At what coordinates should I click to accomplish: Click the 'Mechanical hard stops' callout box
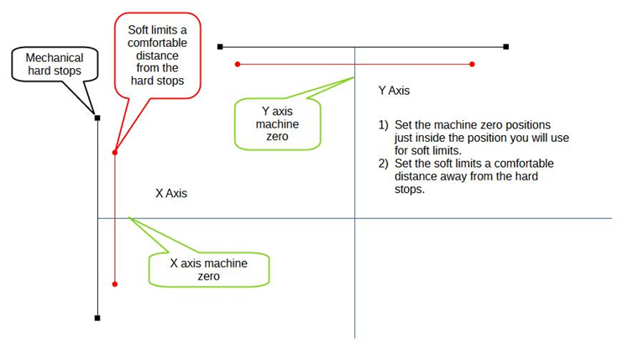tap(54, 65)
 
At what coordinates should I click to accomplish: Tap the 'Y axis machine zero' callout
tap(276, 123)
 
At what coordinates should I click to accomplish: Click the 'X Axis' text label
tap(171, 193)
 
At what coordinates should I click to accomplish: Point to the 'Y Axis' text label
tap(395, 90)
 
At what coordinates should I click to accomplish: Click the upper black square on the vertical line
tap(97, 118)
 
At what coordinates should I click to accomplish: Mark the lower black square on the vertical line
tap(97, 318)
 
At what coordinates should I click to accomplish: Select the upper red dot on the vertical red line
tap(114, 152)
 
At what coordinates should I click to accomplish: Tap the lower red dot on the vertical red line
tap(114, 284)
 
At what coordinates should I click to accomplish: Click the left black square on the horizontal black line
tap(220, 47)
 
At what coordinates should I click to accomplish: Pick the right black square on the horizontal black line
tap(506, 47)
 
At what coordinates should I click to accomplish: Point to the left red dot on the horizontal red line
tap(238, 64)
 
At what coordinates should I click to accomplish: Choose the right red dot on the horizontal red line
tap(473, 64)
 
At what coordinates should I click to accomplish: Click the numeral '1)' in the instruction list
tap(384, 126)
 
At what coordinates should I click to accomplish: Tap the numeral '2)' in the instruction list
tap(384, 164)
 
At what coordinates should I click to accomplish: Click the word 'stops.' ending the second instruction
tap(410, 190)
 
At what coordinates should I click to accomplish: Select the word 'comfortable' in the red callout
tap(158, 43)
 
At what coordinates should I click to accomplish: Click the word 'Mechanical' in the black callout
tap(55, 58)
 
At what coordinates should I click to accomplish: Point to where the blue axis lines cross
tap(354, 218)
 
